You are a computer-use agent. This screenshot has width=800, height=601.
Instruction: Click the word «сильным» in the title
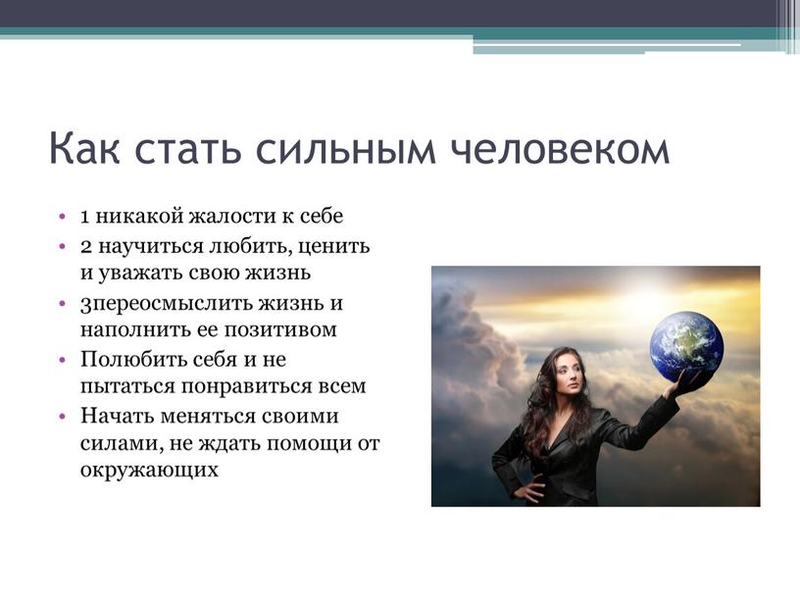[346, 149]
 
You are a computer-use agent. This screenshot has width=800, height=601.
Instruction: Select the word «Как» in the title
[84, 148]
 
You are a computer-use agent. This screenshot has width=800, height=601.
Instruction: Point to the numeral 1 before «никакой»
[85, 217]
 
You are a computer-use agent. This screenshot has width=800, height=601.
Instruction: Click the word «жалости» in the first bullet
[232, 217]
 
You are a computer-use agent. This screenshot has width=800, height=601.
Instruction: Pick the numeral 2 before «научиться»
[86, 247]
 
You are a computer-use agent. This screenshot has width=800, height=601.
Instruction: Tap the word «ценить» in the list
[333, 248]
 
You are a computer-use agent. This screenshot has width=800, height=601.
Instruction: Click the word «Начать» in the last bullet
[117, 417]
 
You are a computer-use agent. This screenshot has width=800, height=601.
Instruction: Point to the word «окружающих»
[149, 470]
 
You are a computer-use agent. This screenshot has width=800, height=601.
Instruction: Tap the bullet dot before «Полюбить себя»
[63, 360]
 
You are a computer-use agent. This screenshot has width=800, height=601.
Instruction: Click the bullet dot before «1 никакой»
[63, 217]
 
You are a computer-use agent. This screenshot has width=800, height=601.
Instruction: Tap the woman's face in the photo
[568, 376]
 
